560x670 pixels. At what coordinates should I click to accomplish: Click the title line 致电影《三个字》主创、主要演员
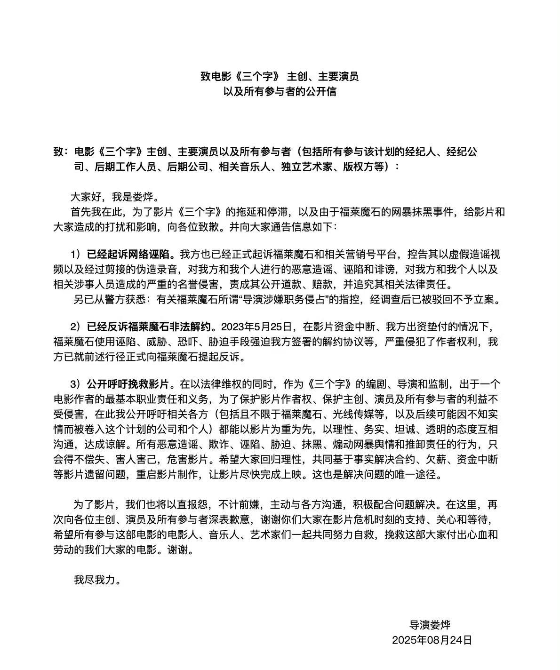[x=280, y=76]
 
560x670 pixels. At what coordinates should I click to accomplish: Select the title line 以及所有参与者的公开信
[x=280, y=91]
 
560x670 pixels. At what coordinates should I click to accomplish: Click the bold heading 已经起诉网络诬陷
[x=131, y=255]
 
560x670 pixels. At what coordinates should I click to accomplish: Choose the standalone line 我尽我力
[x=97, y=580]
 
